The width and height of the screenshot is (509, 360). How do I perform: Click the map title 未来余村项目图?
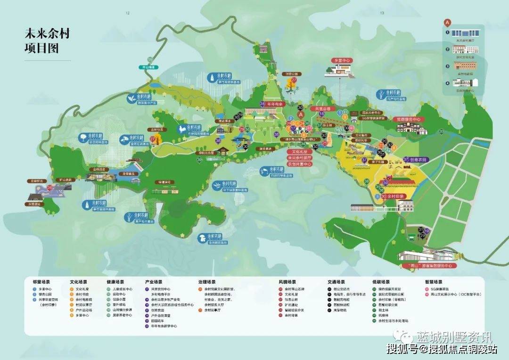[42, 41]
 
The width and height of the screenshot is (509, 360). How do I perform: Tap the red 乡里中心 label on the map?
[343, 61]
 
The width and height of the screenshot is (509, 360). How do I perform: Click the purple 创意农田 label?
[418, 160]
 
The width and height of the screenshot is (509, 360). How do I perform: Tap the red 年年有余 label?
[275, 103]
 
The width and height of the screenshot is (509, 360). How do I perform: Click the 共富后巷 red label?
[322, 109]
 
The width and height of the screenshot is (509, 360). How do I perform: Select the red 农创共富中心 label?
[300, 164]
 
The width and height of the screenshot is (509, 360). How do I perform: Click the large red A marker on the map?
[300, 115]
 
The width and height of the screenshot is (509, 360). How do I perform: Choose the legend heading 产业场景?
[154, 282]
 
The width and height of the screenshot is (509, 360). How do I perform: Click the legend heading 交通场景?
[336, 282]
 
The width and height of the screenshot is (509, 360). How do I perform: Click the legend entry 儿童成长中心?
[123, 289]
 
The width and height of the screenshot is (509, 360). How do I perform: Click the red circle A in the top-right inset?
[447, 22]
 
